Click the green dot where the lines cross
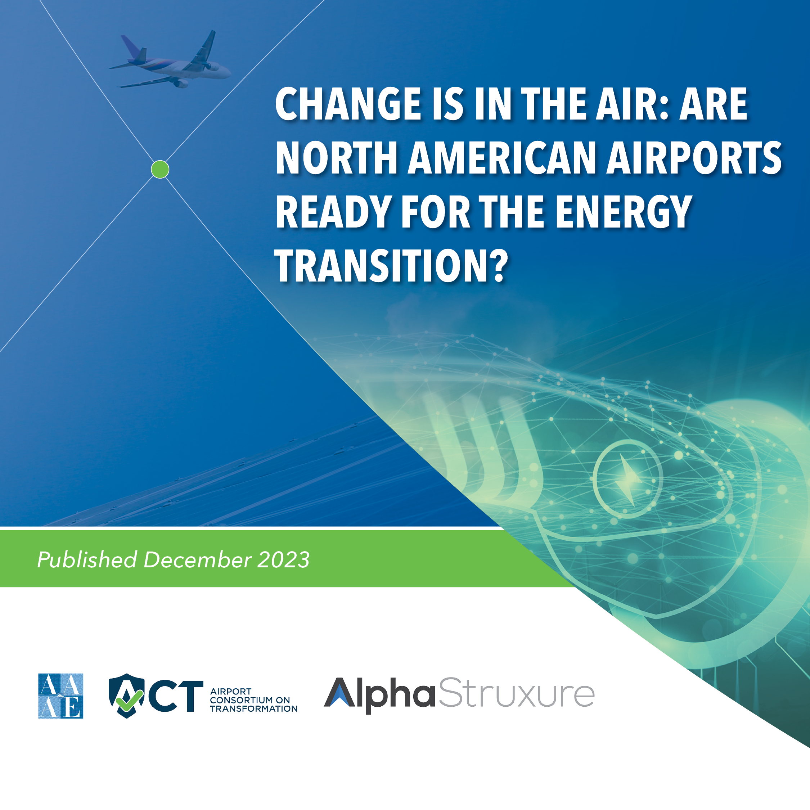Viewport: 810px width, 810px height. tap(160, 169)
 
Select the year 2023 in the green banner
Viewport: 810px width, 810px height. tap(283, 560)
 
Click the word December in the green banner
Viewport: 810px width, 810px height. tap(197, 560)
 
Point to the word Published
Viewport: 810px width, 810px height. tap(87, 560)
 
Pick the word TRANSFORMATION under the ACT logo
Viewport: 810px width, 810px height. tap(254, 709)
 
